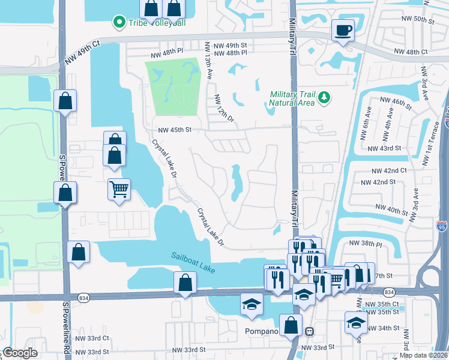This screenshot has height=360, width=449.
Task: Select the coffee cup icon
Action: coord(343,30)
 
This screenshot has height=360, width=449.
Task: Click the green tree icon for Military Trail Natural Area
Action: coord(324,97)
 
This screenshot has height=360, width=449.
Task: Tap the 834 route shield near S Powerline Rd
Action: coord(83,296)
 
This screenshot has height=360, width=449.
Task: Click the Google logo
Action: coord(19,353)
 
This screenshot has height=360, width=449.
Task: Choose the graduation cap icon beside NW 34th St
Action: coord(356,322)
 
